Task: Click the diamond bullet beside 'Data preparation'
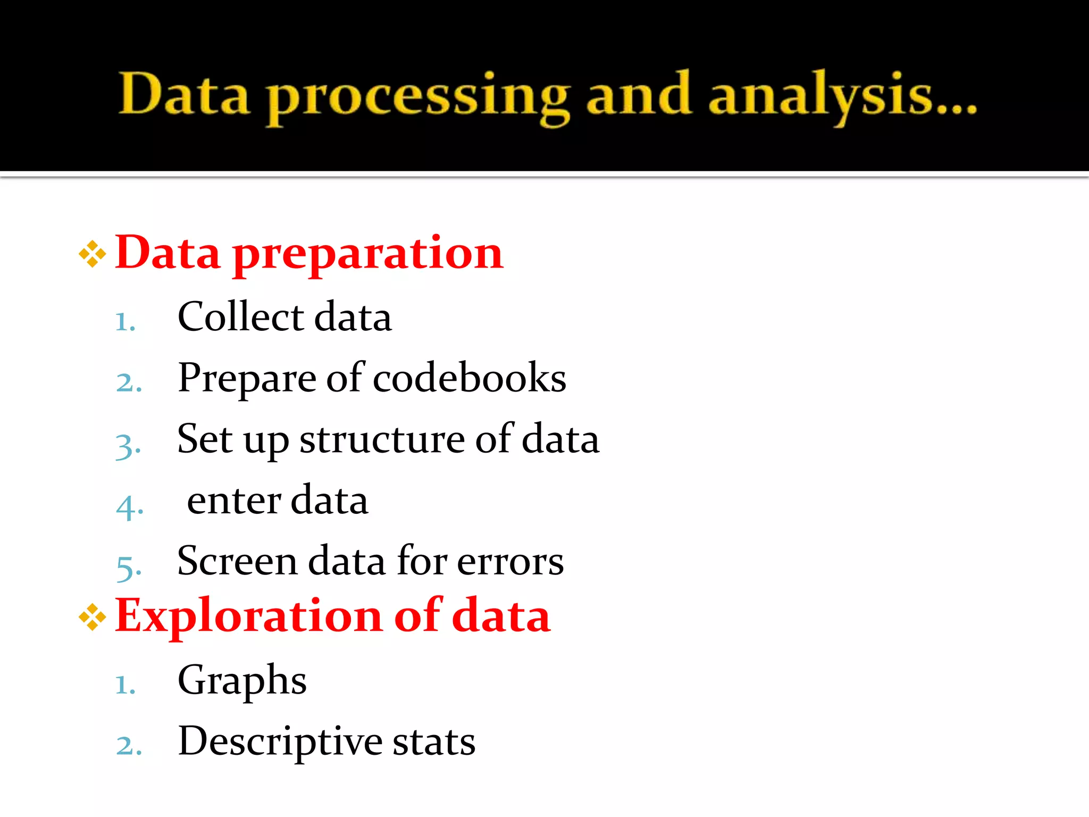pyautogui.click(x=92, y=254)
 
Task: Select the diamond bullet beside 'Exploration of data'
pyautogui.click(x=92, y=617)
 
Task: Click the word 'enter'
pyautogui.click(x=233, y=501)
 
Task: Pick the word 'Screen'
pyautogui.click(x=237, y=561)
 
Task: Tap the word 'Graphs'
pyautogui.click(x=242, y=681)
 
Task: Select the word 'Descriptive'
pyautogui.click(x=280, y=741)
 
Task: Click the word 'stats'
pyautogui.click(x=434, y=741)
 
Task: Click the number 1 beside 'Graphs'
pyautogui.click(x=125, y=685)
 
